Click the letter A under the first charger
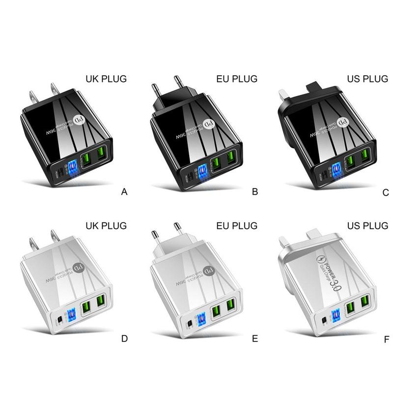point(124,193)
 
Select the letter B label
point(254,192)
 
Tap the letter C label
point(386,193)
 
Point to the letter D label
point(124,338)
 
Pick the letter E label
point(254,338)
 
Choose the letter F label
point(385,338)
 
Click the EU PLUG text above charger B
point(236,79)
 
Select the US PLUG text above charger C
point(366,79)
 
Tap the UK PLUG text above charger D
point(106,225)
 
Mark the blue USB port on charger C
point(337,170)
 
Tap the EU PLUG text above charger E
point(236,225)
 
